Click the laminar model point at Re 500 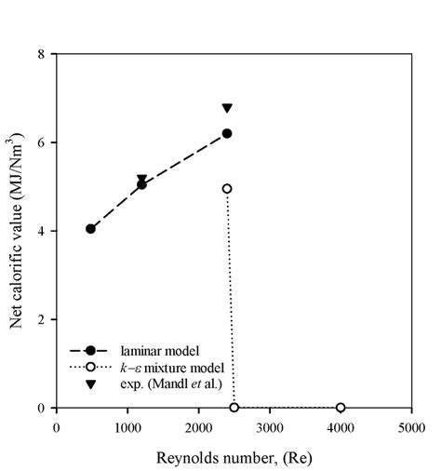[90, 229]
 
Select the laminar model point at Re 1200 [141, 184]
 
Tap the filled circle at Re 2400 [226, 134]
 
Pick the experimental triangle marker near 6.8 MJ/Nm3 [226, 109]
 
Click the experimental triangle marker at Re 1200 [141, 179]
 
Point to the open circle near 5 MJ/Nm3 [226, 189]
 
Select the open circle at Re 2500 [234, 408]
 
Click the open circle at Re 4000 [341, 408]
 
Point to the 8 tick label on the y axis [41, 54]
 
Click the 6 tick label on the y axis [41, 142]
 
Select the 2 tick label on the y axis [41, 319]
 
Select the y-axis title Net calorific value [16, 231]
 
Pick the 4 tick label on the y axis [41, 231]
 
